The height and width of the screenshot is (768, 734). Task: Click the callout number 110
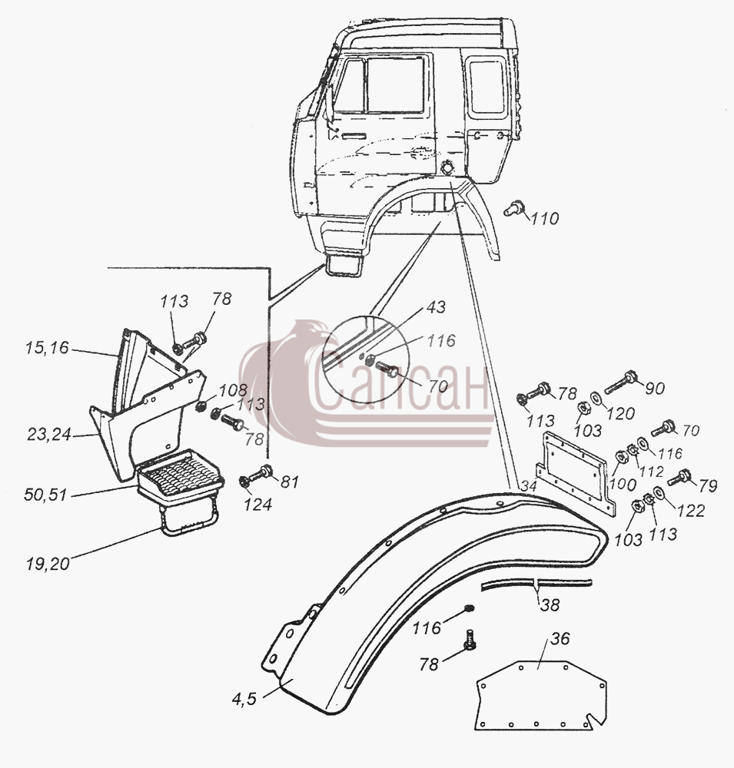pos(544,218)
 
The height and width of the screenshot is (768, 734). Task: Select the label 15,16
pos(47,348)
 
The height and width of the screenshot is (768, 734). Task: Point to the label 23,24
pos(49,434)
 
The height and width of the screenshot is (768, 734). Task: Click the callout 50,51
pos(45,495)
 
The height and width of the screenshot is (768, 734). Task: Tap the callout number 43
pos(435,306)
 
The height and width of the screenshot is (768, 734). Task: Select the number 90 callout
pos(654,388)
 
